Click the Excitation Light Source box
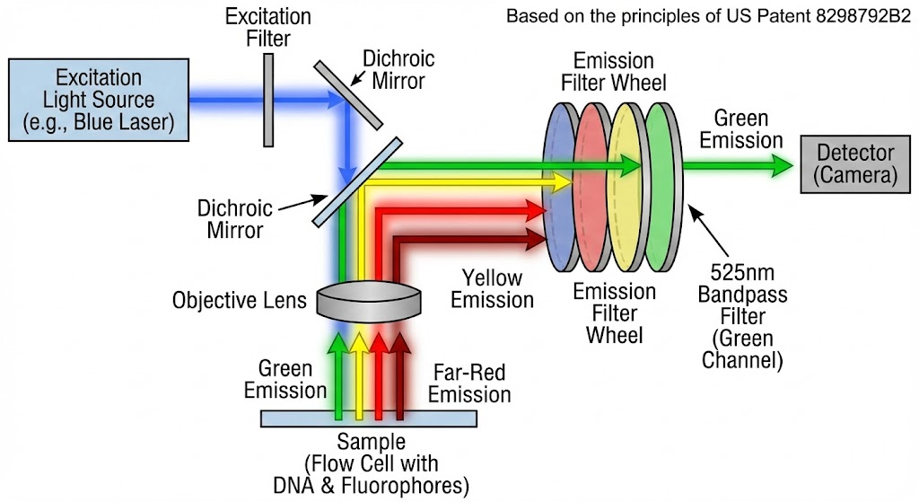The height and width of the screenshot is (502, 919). coord(99,100)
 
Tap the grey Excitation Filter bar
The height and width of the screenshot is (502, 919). coord(268,101)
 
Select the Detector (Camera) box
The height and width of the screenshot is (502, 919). coord(855,163)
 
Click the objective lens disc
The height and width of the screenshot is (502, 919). coord(369,301)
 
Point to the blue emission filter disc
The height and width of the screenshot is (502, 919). coord(560,188)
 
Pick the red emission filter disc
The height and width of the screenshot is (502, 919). coord(592,188)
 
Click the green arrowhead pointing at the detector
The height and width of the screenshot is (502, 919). coord(783,166)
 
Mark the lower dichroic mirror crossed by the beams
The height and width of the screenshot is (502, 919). coord(357,181)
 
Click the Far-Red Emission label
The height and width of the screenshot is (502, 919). coord(468,383)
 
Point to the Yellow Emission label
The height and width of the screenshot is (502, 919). coord(492,288)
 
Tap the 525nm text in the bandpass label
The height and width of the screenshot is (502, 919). coord(742,273)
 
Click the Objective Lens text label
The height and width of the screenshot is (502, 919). coord(239,300)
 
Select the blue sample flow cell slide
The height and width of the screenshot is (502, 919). coord(369,418)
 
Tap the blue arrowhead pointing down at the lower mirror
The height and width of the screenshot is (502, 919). coord(347,173)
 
